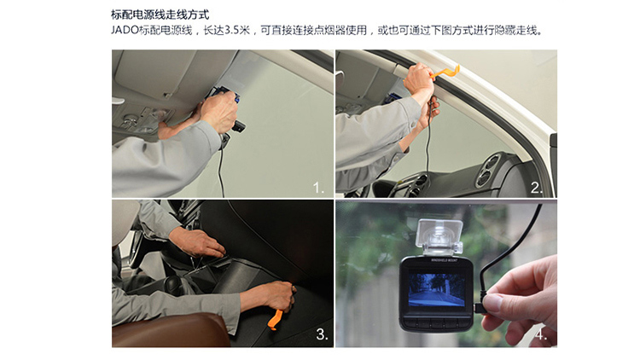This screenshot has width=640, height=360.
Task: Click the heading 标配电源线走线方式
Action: pos(160,15)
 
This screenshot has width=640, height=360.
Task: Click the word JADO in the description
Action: pos(125,31)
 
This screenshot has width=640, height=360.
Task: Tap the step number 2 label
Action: pos(537,188)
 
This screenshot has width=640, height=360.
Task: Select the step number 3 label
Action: pos(322,334)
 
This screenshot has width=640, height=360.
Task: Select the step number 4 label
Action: pos(541,334)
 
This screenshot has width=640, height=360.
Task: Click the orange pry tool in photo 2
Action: pos(444,73)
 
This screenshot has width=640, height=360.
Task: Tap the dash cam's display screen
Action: pos(436,290)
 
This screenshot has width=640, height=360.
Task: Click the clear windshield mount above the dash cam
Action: pos(439,237)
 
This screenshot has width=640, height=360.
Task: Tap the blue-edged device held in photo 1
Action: pos(224,95)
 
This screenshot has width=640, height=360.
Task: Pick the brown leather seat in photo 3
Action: pos(171,330)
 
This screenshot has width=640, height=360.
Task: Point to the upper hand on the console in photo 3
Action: pos(197,242)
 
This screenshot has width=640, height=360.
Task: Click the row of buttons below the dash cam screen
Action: pos(436,322)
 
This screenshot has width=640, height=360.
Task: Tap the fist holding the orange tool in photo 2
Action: pos(419,78)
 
